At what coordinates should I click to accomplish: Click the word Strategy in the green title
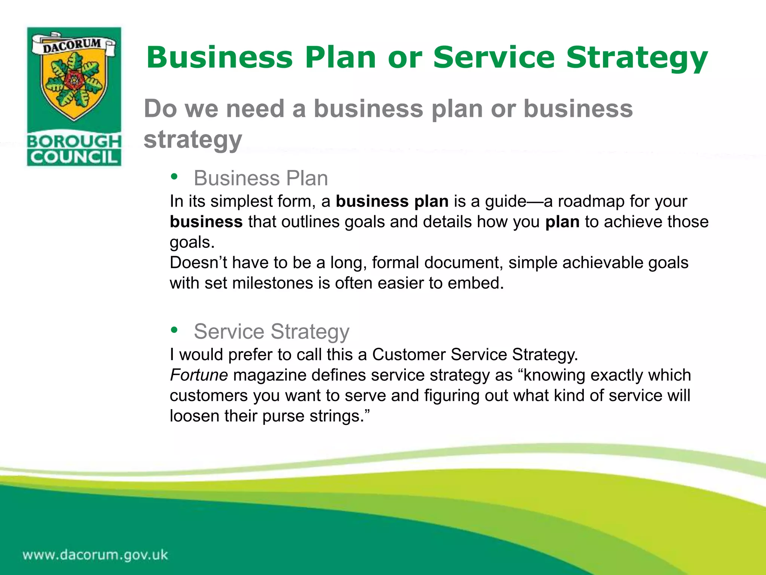(x=637, y=58)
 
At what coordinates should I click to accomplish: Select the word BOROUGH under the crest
(x=74, y=141)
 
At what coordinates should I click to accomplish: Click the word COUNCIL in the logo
(x=74, y=157)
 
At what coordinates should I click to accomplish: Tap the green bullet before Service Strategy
(x=174, y=330)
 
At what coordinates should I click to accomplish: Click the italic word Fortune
(x=199, y=375)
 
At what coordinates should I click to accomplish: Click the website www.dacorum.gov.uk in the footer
(x=95, y=554)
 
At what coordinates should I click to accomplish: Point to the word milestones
(x=272, y=283)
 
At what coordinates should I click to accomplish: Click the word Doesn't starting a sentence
(x=198, y=263)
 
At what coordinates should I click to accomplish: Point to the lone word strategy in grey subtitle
(x=193, y=139)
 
